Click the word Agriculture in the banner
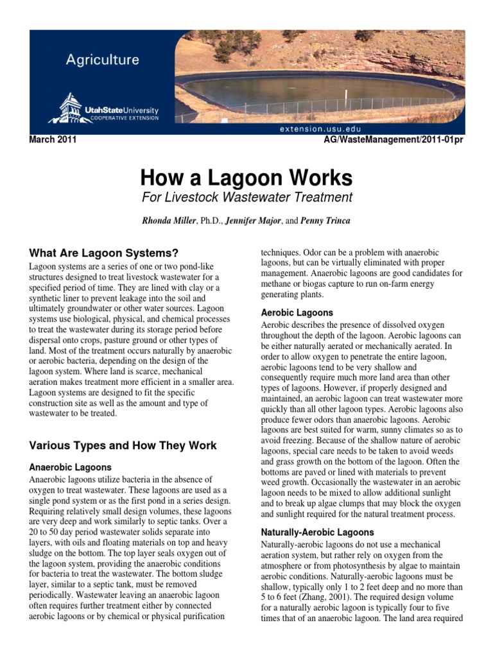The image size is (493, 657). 102,60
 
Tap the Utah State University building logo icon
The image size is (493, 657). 70,107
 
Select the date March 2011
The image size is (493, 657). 53,141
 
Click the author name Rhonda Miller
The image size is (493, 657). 170,221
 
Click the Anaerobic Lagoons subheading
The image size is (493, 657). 71,467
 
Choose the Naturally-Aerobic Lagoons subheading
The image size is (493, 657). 317,533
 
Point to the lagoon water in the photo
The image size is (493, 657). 308,90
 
